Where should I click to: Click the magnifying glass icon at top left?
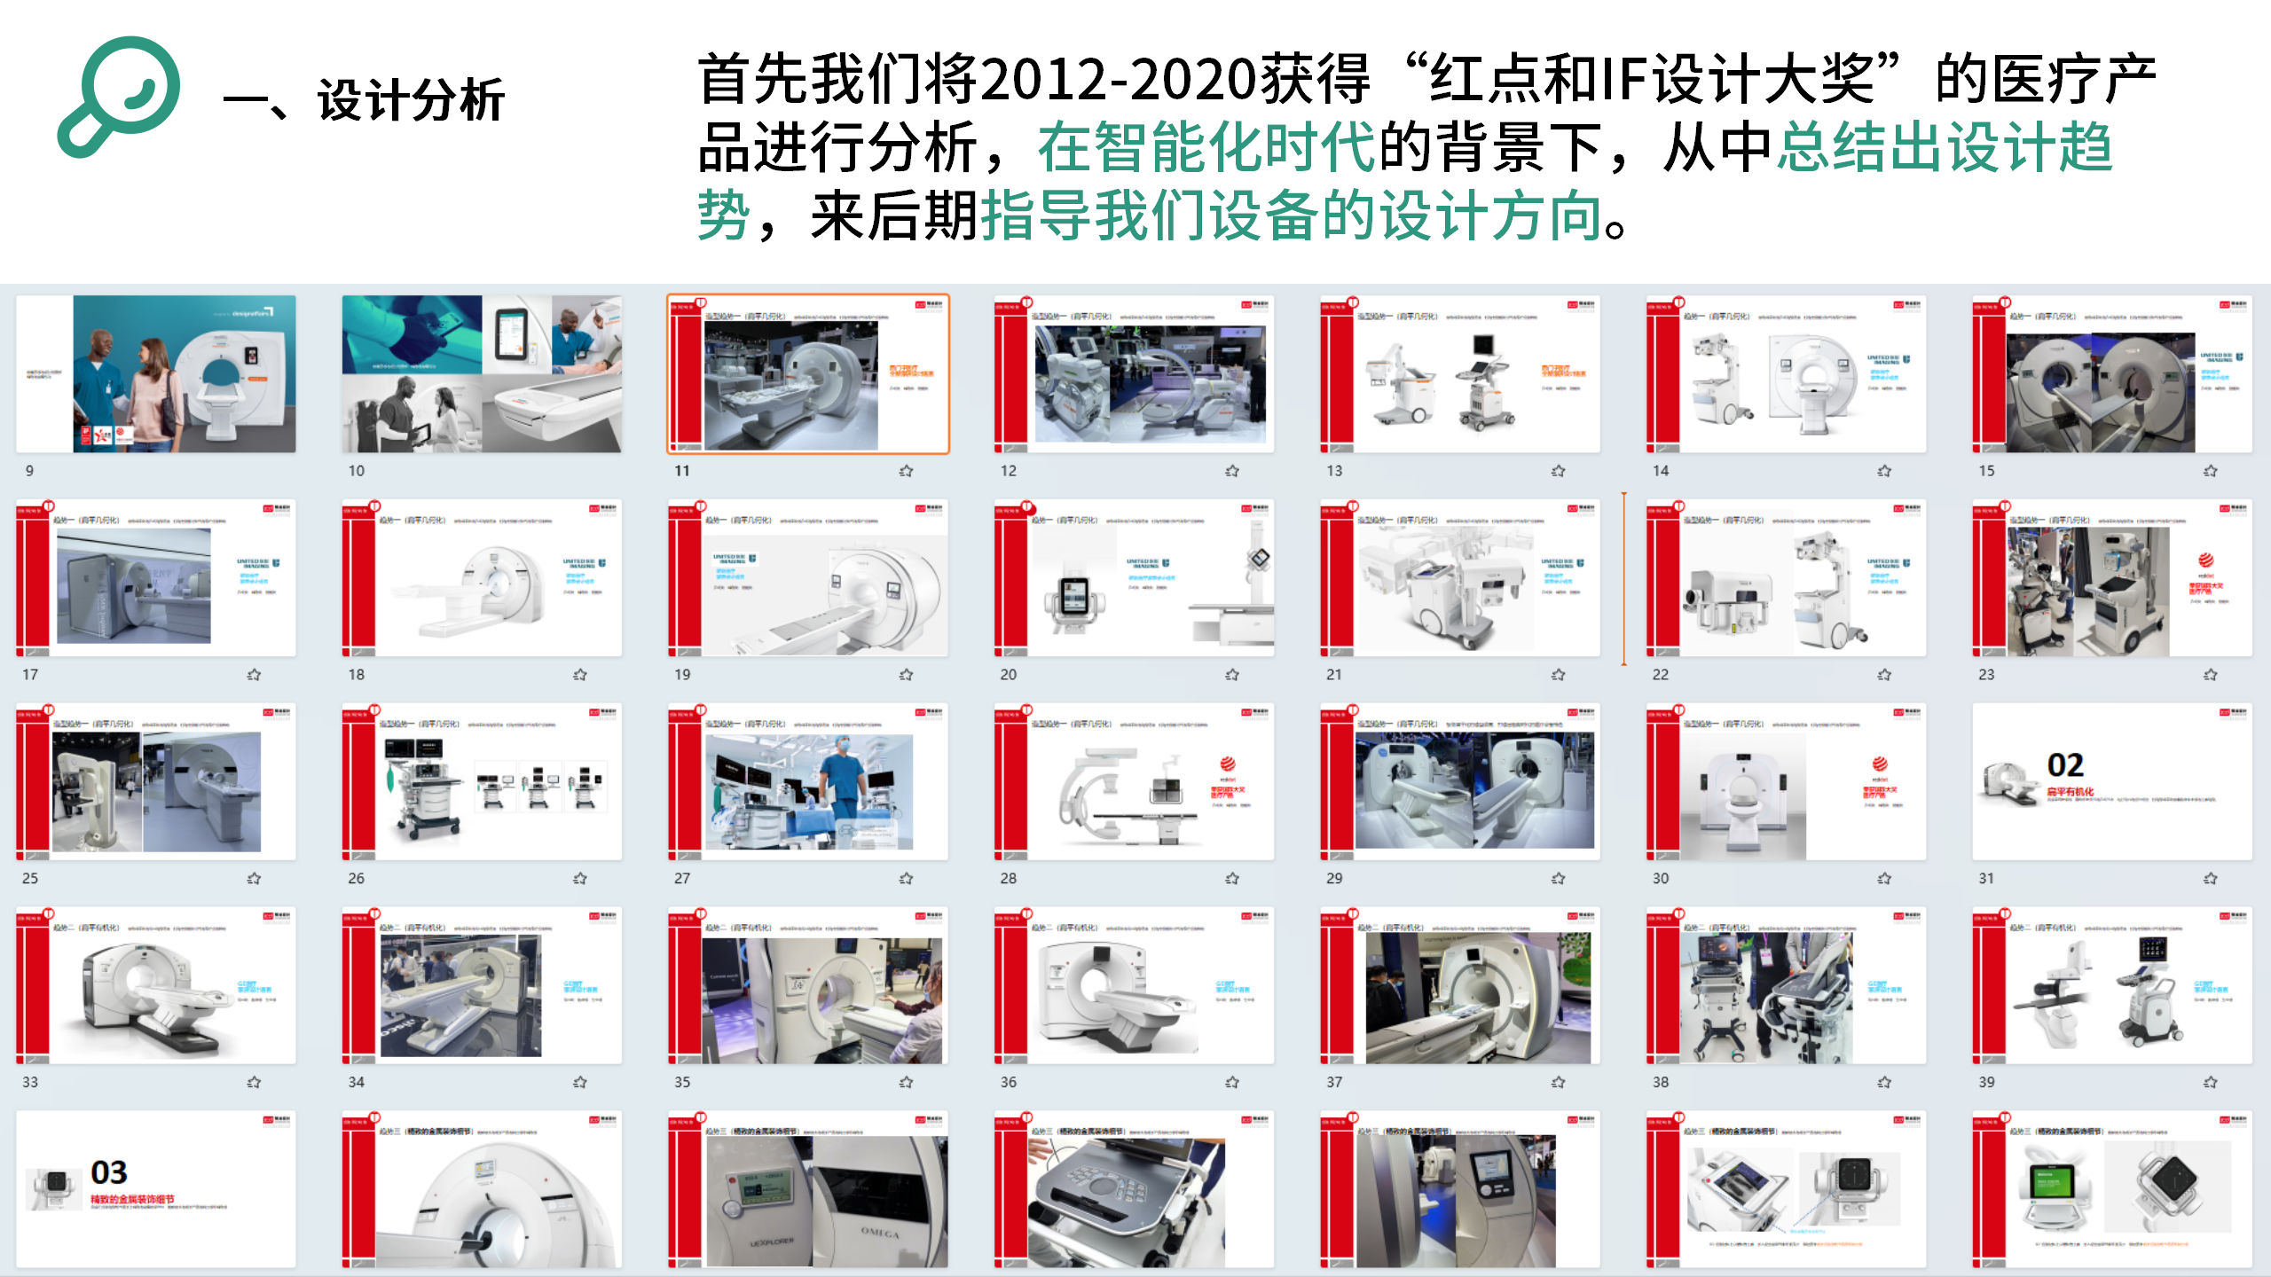pyautogui.click(x=120, y=96)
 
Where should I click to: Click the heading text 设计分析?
pyautogui.click(x=411, y=99)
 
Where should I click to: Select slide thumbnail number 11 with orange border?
pyautogui.click(x=808, y=374)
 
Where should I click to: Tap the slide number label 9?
pyautogui.click(x=29, y=471)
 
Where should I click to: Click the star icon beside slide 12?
pyautogui.click(x=1232, y=471)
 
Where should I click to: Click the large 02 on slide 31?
pyautogui.click(x=2065, y=765)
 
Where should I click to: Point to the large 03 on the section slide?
pyautogui.click(x=109, y=1172)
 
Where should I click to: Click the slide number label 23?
pyautogui.click(x=1986, y=675)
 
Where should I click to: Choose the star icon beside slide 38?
pyautogui.click(x=1884, y=1083)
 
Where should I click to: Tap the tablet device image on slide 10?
pyautogui.click(x=512, y=333)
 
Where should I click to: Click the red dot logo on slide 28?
pyautogui.click(x=1228, y=764)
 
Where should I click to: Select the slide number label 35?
pyautogui.click(x=682, y=1083)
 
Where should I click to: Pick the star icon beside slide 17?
pyautogui.click(x=254, y=675)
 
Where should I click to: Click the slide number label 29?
pyautogui.click(x=1334, y=879)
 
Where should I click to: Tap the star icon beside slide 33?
pyautogui.click(x=254, y=1083)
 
